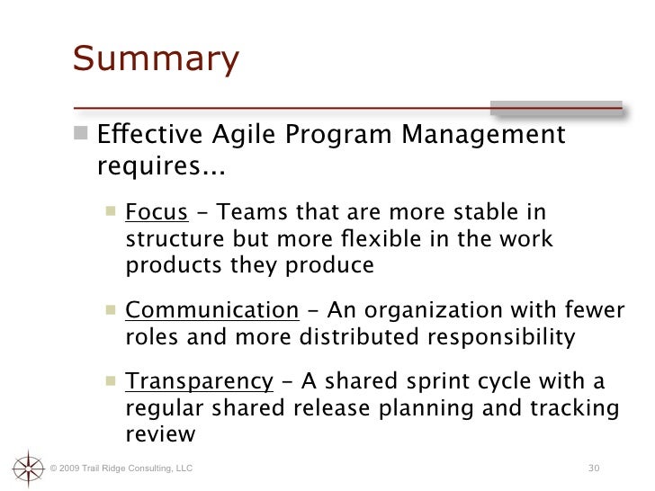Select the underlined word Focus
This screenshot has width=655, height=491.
[x=156, y=213]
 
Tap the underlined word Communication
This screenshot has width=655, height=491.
[x=211, y=312]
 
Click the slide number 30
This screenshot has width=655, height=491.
[x=593, y=469]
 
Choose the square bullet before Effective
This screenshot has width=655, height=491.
[x=83, y=137]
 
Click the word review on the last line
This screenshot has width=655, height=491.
[x=159, y=434]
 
